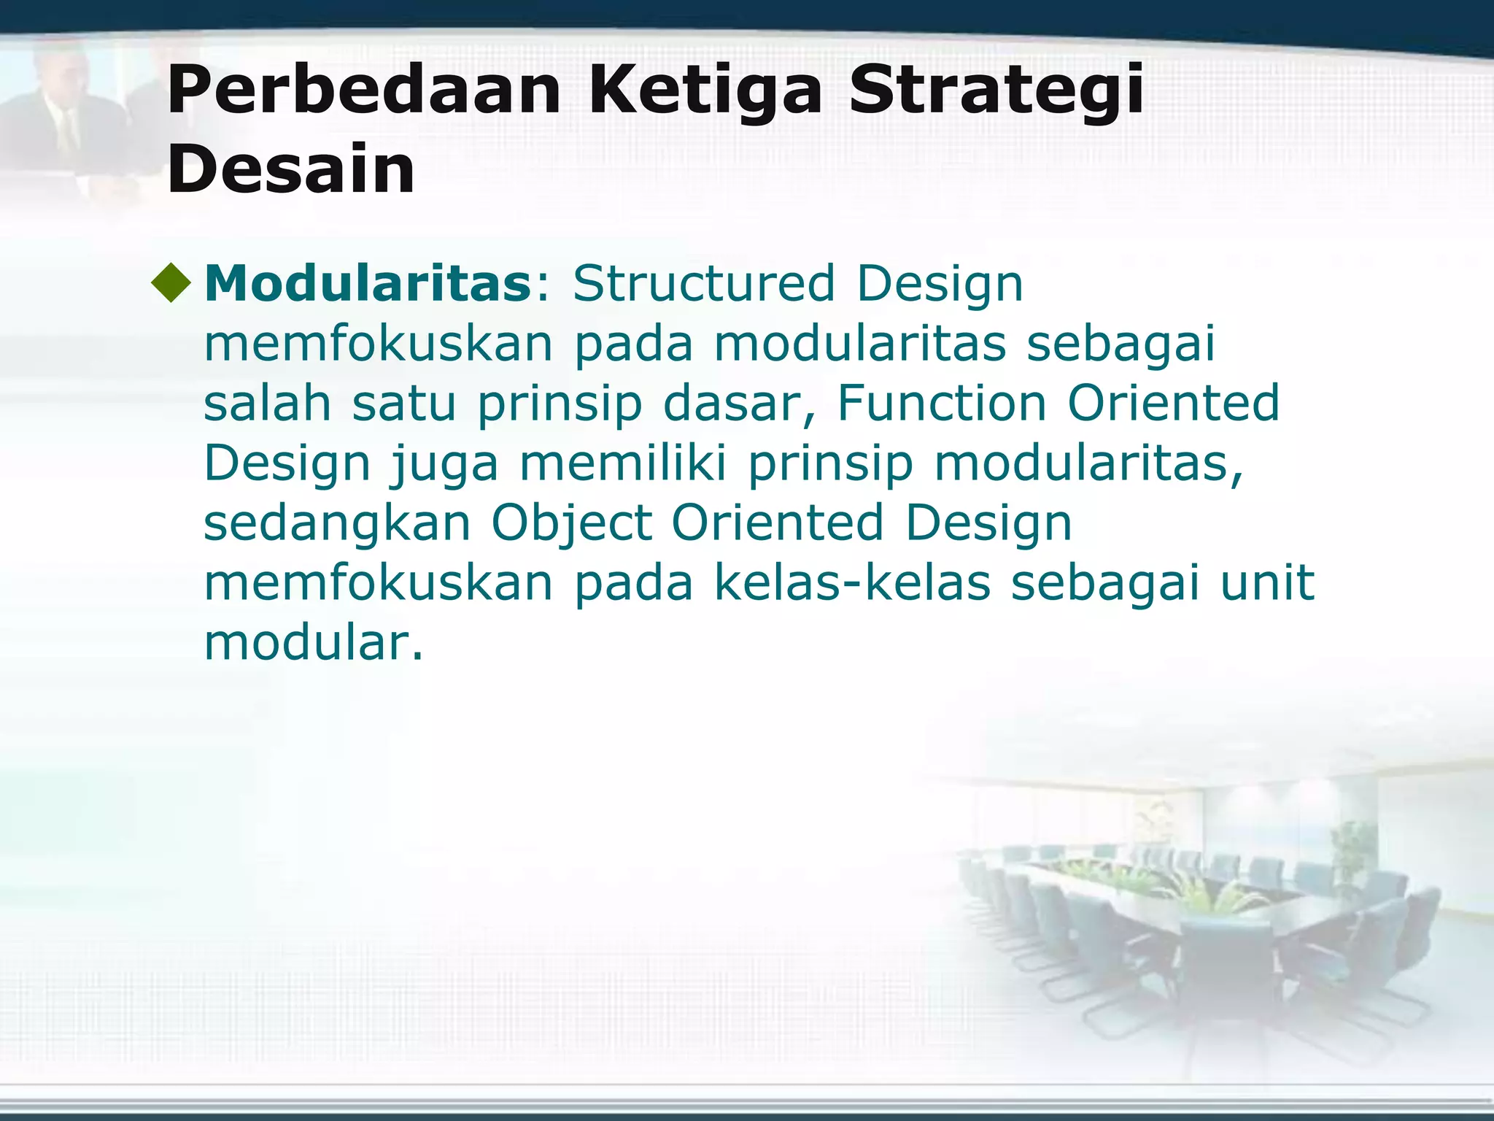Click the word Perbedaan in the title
pos(363,91)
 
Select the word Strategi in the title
pos(996,91)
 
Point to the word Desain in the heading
pos(290,169)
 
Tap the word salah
pos(267,403)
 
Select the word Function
pos(941,403)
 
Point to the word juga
pos(444,464)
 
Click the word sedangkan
pos(336,524)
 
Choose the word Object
pos(571,524)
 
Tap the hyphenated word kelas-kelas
pos(852,583)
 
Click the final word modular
pos(312,643)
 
